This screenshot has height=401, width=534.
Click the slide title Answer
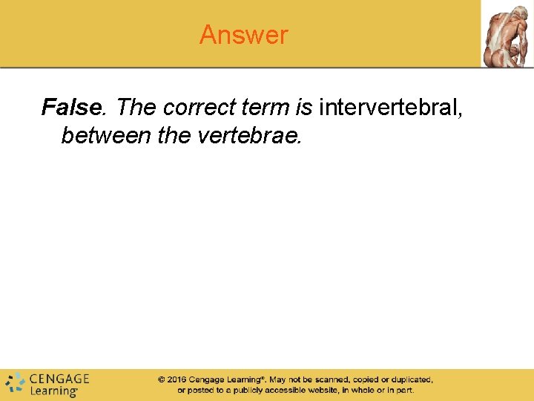pyautogui.click(x=243, y=35)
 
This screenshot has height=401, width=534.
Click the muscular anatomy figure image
pyautogui.click(x=507, y=34)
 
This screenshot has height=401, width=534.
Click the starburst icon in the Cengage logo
pyautogui.click(x=15, y=383)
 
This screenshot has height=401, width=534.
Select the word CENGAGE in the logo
pyautogui.click(x=59, y=377)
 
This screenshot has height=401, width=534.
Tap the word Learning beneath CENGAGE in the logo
pyautogui.click(x=53, y=390)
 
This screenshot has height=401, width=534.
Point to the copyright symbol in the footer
pyautogui.click(x=161, y=379)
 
